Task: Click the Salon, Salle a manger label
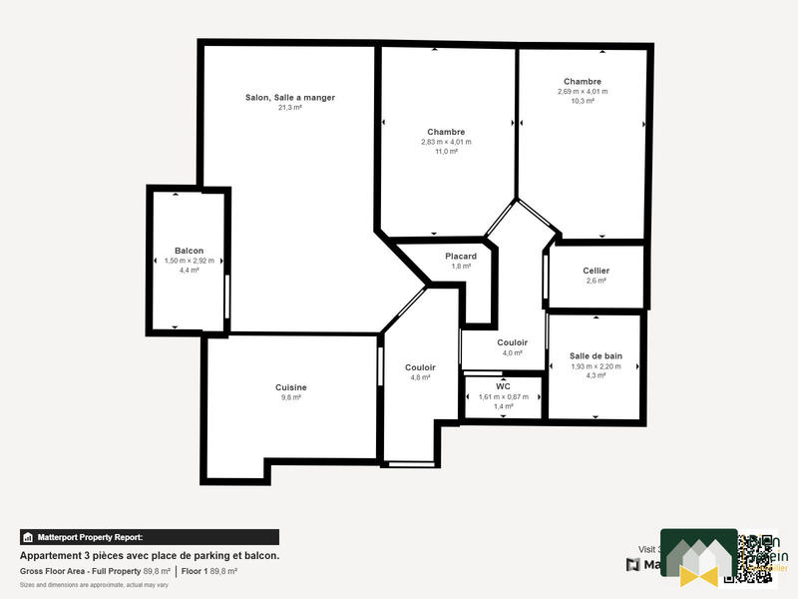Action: pos(290,98)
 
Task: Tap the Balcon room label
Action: pos(190,250)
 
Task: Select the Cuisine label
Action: pos(290,387)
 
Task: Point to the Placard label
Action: pos(461,257)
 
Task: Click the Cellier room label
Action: pos(596,271)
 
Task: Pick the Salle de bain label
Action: pos(596,356)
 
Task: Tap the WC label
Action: pos(504,386)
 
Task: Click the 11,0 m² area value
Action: pos(446,151)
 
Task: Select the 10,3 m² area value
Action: pos(583,101)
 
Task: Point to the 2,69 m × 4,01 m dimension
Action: pos(583,91)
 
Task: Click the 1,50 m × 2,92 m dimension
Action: pos(190,261)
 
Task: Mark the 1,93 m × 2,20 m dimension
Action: pos(596,366)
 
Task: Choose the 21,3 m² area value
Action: pos(290,108)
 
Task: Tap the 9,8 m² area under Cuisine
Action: pos(290,397)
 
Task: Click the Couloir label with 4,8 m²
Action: pos(420,367)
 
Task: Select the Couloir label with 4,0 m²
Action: pos(513,342)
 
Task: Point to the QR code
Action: pos(756,556)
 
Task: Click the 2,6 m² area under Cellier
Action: pos(596,281)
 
